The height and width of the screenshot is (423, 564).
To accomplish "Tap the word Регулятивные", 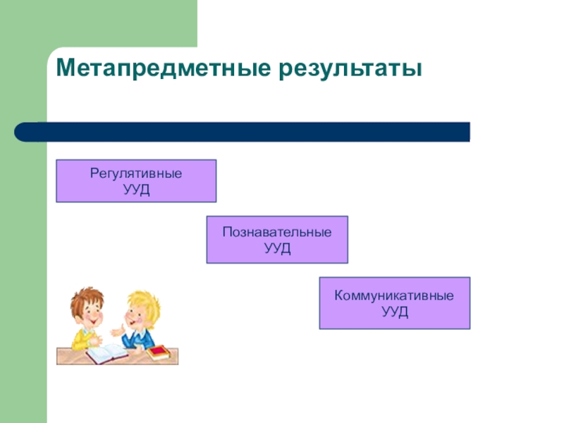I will point(135,173).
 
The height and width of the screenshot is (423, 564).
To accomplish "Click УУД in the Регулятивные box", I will point(136,190).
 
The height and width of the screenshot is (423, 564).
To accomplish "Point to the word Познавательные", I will point(277,231).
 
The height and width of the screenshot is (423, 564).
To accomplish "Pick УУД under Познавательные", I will point(277,248).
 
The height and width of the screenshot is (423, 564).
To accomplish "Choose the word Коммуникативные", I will point(394,295).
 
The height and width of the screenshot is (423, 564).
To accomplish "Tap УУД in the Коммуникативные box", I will point(394,312).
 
